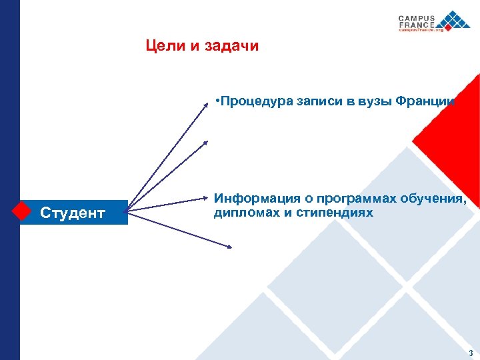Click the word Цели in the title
point(161,46)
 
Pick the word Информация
point(254,199)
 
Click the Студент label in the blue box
point(73,213)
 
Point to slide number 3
point(471,353)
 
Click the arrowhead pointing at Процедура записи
point(206,103)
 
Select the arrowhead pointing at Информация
point(207,198)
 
